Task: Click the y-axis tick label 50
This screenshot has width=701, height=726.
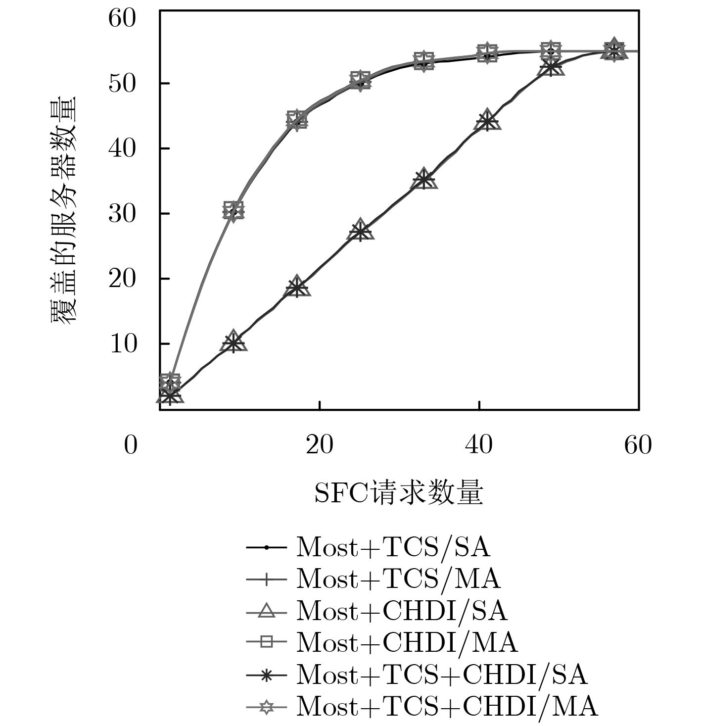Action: click(121, 84)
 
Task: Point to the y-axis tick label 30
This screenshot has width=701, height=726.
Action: click(121, 214)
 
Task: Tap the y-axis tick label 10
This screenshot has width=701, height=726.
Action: click(121, 344)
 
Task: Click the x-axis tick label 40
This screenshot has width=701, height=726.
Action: click(479, 445)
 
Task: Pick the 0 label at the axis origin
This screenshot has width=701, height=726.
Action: click(130, 445)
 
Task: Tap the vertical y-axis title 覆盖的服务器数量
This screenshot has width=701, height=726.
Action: click(64, 210)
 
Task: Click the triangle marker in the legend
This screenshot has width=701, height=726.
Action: click(267, 612)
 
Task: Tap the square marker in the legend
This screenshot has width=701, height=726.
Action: click(267, 643)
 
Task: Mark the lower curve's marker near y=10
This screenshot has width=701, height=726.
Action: click(234, 342)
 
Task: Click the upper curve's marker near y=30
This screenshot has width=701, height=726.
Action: click(234, 211)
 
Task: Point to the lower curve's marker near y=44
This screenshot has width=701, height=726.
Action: click(487, 121)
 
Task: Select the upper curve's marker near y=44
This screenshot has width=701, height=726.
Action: click(297, 120)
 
